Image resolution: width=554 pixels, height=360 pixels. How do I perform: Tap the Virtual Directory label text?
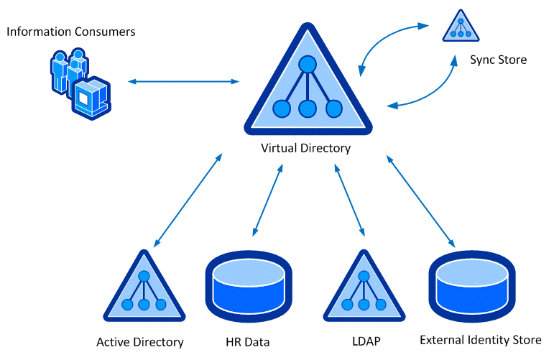306,149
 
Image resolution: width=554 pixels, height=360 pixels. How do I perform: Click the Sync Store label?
498,60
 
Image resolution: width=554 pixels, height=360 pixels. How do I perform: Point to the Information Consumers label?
70,32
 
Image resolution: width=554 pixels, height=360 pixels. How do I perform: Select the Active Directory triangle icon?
144,290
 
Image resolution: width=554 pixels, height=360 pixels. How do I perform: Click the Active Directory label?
140,342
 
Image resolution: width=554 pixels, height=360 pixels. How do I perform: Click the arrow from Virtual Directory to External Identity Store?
420,200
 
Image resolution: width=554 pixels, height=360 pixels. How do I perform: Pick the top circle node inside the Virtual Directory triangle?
308,65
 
